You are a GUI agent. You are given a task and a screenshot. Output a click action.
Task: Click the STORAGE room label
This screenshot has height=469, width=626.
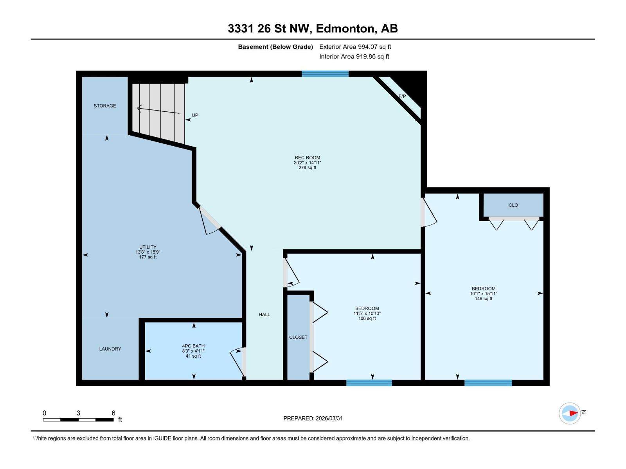click(104, 106)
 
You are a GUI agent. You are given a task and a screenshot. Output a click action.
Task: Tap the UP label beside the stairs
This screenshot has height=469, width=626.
click(195, 115)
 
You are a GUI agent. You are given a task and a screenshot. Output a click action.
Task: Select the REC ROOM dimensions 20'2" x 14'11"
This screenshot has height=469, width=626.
click(307, 163)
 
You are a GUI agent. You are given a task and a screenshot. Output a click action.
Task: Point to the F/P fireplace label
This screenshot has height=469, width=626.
click(402, 96)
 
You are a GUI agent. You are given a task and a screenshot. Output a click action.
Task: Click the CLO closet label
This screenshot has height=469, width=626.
click(513, 205)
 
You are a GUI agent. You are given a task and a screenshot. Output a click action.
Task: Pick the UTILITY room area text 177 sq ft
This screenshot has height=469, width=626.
click(148, 257)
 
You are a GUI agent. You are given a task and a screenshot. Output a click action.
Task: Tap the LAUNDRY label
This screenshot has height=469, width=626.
click(110, 349)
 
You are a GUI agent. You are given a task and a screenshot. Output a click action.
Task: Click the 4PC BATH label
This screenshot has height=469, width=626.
click(193, 346)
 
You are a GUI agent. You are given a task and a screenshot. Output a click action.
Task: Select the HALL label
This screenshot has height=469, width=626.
click(264, 314)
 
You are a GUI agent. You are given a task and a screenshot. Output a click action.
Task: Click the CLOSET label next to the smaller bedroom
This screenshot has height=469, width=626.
click(298, 337)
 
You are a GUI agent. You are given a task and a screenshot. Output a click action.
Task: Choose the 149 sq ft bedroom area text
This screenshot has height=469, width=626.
click(484, 299)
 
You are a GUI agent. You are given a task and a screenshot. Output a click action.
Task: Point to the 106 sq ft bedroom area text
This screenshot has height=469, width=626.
click(367, 319)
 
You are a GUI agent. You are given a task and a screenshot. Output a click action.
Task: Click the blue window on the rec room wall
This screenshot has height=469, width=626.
click(325, 73)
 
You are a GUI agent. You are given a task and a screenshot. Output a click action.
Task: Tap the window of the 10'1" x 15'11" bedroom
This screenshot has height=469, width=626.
click(488, 383)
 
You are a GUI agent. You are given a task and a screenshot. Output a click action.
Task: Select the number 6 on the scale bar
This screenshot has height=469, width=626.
click(113, 413)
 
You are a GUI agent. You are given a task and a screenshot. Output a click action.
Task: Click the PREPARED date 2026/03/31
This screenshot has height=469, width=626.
click(328, 418)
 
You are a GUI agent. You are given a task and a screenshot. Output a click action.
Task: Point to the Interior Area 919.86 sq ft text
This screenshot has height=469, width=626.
click(354, 56)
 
